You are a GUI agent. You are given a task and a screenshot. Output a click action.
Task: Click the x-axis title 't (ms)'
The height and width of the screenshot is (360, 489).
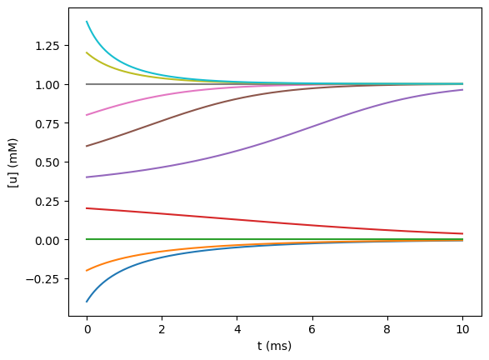coord(274,346)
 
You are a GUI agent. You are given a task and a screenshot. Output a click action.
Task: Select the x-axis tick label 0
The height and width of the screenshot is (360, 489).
coord(87,328)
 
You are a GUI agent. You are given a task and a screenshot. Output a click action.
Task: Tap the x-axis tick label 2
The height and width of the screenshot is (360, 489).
coord(162,328)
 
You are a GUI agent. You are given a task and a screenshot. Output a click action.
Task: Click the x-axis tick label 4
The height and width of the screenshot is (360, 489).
coord(237,328)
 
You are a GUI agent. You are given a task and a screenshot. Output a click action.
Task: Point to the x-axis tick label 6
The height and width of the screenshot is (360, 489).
coord(312,328)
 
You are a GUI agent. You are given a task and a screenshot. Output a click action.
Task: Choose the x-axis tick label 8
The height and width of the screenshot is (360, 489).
coord(387,328)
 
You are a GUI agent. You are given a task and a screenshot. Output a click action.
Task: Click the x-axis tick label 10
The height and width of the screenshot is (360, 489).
coord(462,328)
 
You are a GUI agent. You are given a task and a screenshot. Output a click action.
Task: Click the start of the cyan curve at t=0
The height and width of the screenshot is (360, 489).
coord(87,22)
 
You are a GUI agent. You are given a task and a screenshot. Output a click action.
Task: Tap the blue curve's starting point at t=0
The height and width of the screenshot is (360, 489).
coord(87,301)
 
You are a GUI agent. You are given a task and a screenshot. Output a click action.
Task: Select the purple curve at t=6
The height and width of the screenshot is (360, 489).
coord(312,127)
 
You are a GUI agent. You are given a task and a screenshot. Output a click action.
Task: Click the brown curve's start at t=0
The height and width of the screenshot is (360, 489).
coord(87,146)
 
